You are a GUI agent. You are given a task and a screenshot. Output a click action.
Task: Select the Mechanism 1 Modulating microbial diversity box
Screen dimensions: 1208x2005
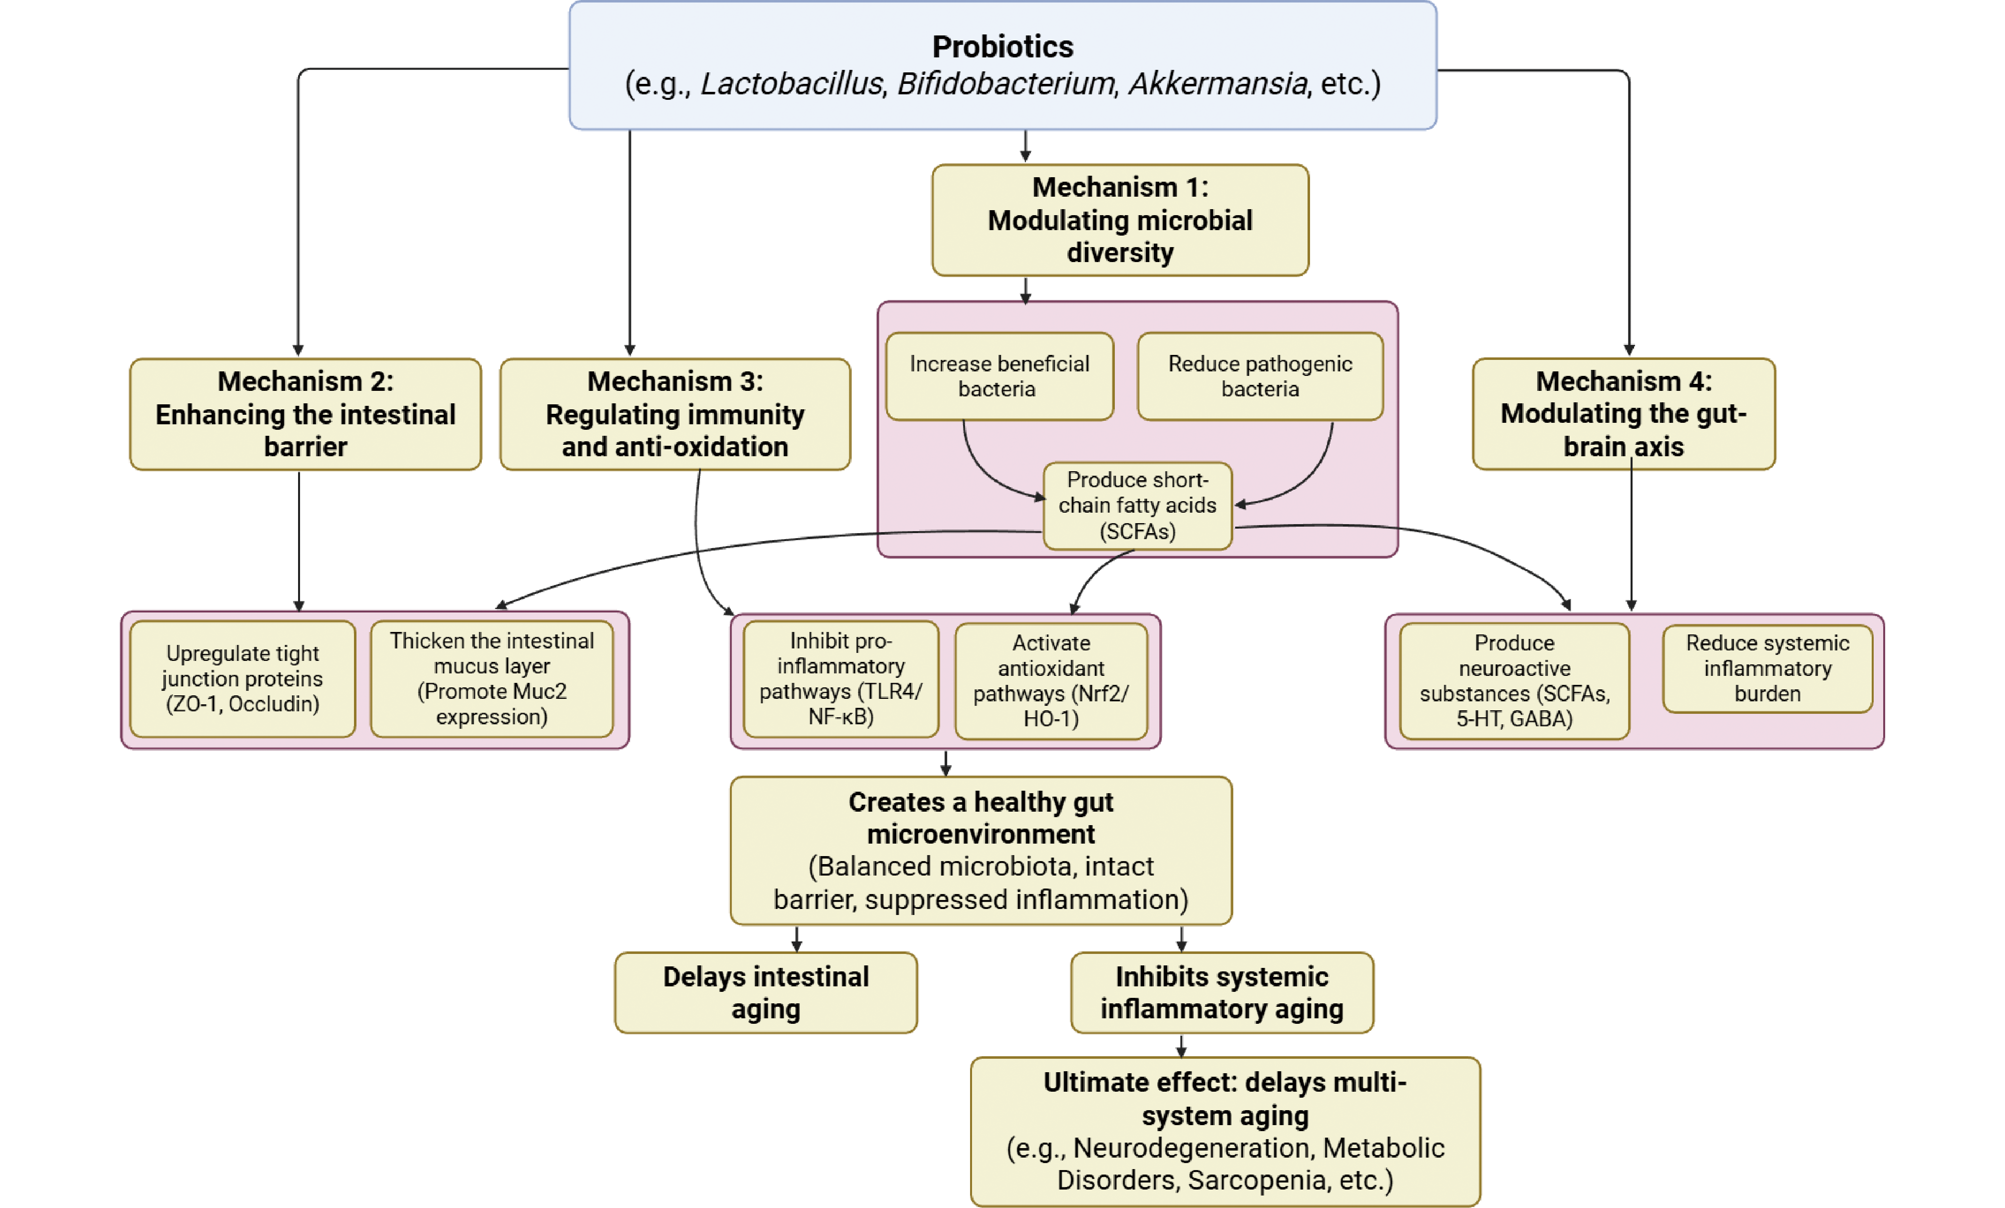1120,220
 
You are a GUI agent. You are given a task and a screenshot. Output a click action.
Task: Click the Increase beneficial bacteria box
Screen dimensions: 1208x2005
999,376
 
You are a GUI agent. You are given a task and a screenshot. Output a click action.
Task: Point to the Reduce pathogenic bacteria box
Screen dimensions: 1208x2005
1260,376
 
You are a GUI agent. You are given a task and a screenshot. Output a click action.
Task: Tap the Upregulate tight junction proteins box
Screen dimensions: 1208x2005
243,678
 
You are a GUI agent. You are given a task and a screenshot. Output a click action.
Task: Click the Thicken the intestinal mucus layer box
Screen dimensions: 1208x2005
491,678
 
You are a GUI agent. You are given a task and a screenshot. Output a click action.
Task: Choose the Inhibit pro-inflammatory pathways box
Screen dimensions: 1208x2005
841,678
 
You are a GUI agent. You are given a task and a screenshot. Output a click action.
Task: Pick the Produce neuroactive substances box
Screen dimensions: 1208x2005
1514,680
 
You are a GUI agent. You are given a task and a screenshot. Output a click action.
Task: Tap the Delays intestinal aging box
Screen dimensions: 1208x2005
766,992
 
